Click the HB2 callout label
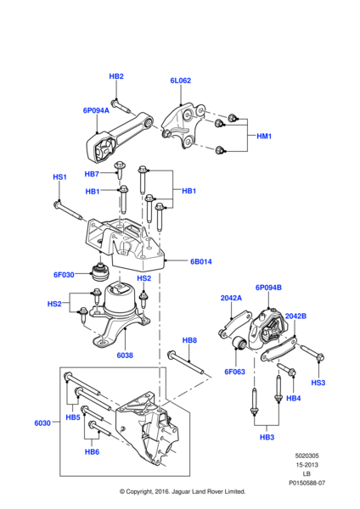(x=116, y=76)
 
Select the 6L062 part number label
(x=180, y=81)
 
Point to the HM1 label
(x=264, y=136)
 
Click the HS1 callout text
(x=59, y=177)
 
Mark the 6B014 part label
(x=201, y=262)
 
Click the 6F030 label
(x=65, y=274)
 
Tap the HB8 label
(x=189, y=340)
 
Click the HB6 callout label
(x=92, y=452)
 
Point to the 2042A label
(x=232, y=298)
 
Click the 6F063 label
(x=234, y=371)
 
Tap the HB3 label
(x=267, y=437)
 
